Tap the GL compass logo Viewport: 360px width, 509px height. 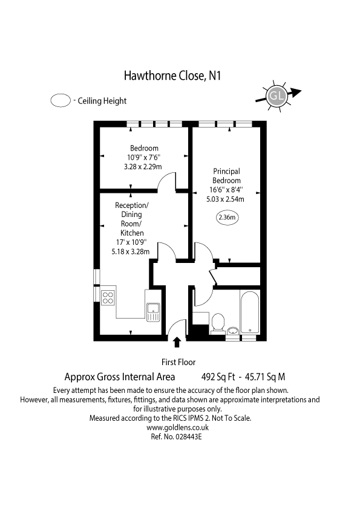(277, 96)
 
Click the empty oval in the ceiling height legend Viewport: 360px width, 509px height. (61, 101)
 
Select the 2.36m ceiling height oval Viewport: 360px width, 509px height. (228, 217)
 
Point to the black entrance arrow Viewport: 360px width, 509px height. (177, 343)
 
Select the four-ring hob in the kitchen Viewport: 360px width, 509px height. (109, 297)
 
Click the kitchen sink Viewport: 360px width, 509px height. (152, 310)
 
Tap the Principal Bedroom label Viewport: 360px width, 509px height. (226, 176)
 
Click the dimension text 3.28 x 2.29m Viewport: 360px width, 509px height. (144, 166)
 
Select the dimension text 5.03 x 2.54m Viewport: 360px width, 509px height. (226, 199)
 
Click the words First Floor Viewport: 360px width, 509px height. (176, 362)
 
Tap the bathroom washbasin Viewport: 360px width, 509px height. (234, 331)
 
